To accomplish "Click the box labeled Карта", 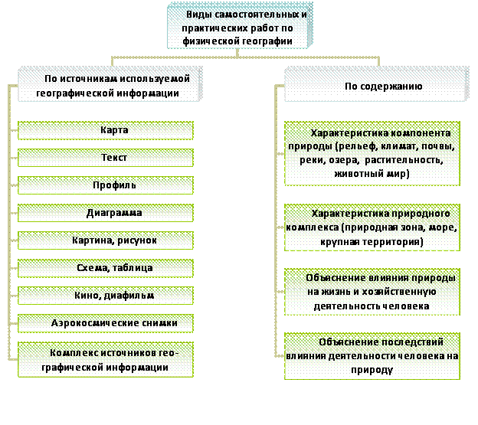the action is [106, 130].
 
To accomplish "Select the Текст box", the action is [106, 158].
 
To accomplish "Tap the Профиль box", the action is [106, 185].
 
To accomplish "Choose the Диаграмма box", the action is [106, 213].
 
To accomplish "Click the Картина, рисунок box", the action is [106, 240].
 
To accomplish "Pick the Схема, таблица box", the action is [106, 268].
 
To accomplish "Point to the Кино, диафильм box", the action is [106, 296].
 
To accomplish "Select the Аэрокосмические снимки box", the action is [106, 323].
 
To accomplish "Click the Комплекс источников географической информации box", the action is [106, 359].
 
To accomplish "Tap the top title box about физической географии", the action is [240, 25].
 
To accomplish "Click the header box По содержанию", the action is [376, 84].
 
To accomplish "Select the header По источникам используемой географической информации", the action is [110, 84].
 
